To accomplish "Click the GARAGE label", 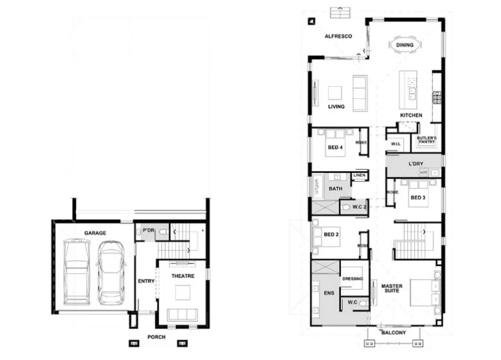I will [95, 233].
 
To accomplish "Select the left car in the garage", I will [77, 271].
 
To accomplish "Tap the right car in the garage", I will [111, 271].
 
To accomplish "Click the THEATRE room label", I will [183, 276].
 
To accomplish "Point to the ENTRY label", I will [146, 281].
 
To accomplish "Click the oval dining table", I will [405, 46].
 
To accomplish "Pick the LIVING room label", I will [336, 107].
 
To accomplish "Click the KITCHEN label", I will [411, 115].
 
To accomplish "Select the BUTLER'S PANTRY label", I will [426, 140].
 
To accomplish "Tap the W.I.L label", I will [396, 144].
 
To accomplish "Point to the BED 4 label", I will [335, 147].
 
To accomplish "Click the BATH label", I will [335, 189].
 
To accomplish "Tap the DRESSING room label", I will [352, 278].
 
